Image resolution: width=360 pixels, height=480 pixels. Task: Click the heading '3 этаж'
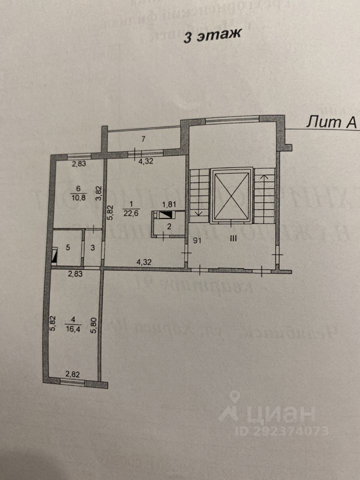(212, 36)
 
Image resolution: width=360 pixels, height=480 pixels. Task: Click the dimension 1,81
(167, 204)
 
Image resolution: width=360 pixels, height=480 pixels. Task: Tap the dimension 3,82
(99, 193)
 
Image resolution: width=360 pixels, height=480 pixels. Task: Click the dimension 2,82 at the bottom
(73, 373)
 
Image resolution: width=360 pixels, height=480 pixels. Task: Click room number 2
(169, 226)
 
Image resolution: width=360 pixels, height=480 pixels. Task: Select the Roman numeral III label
(232, 239)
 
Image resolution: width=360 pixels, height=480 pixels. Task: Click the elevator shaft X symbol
(230, 195)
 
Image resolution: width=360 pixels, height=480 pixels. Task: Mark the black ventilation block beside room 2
(165, 215)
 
